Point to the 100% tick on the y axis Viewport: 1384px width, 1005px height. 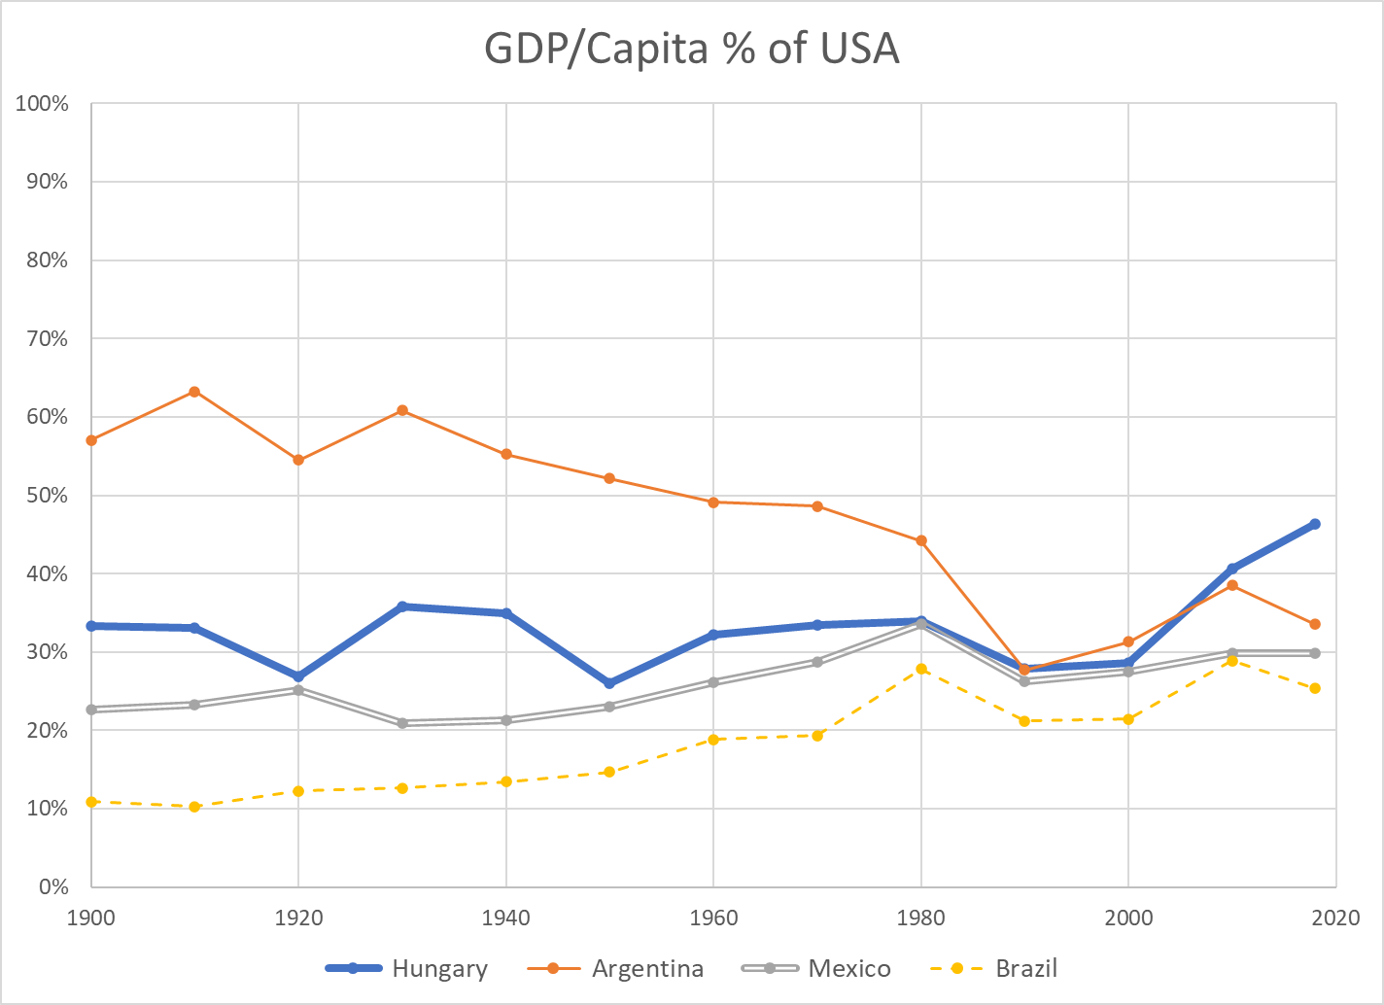[42, 103]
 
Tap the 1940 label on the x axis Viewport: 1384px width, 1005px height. [505, 917]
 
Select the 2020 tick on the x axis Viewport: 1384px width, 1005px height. [1335, 917]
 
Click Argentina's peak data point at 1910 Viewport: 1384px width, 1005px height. [194, 392]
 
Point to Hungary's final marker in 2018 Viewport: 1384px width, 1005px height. [1315, 524]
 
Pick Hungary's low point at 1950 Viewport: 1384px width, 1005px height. [609, 683]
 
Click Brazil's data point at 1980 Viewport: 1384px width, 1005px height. [921, 669]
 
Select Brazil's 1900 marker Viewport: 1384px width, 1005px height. [91, 802]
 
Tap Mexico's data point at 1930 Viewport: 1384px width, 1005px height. [402, 722]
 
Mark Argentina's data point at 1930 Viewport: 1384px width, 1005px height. [402, 410]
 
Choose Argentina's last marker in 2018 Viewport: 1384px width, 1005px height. [1315, 624]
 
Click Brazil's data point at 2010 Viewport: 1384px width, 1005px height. [1232, 661]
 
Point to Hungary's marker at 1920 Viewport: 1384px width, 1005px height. [298, 676]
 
